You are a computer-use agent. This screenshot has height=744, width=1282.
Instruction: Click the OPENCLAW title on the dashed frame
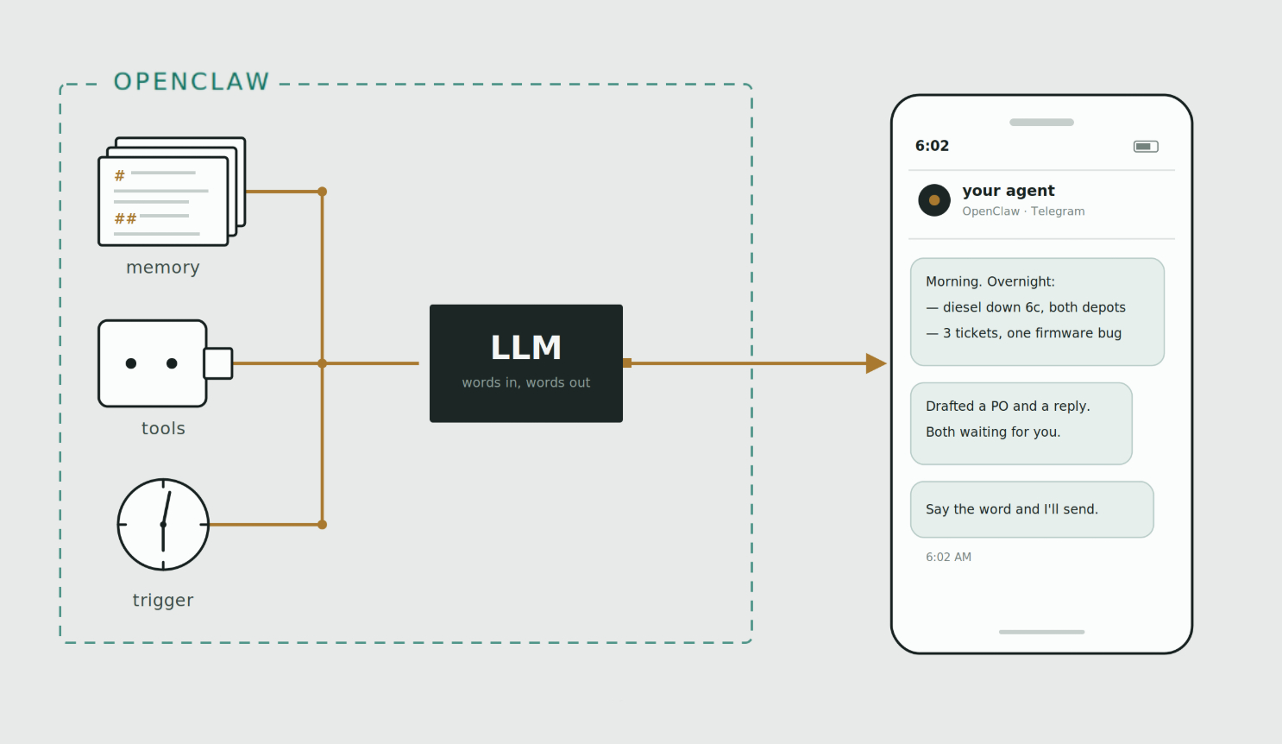pos(192,82)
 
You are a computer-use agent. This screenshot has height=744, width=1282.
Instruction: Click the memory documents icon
pos(172,192)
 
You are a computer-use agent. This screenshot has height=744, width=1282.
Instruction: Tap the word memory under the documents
pos(163,268)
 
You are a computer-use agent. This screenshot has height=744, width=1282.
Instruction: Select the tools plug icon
pos(166,363)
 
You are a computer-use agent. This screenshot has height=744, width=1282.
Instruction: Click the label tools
pos(163,428)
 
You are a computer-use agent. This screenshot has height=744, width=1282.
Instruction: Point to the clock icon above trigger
pos(163,525)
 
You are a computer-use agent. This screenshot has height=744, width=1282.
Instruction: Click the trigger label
pos(163,600)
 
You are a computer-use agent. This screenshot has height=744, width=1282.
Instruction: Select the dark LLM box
pos(526,363)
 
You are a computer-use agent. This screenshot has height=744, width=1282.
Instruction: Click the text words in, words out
pos(526,382)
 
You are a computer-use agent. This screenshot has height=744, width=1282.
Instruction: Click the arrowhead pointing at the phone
pos(877,363)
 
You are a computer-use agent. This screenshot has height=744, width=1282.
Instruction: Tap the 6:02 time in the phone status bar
pos(932,146)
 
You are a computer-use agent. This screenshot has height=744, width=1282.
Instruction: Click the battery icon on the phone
pos(1146,147)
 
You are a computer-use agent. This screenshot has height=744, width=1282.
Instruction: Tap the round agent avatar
pos(934,200)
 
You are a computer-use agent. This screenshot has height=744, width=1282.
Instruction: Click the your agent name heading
pos(1009,191)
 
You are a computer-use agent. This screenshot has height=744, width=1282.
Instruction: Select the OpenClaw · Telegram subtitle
pos(1023,211)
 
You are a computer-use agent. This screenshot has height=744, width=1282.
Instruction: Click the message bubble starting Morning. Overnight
pos(1037,312)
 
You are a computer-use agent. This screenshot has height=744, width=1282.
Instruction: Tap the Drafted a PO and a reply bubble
pos(1021,423)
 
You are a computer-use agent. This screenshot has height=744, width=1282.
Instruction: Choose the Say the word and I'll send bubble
pos(1032,509)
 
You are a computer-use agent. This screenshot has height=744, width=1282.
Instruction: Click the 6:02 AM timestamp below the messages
pos(948,558)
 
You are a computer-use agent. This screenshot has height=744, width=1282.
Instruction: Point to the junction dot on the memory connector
pos(322,192)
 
